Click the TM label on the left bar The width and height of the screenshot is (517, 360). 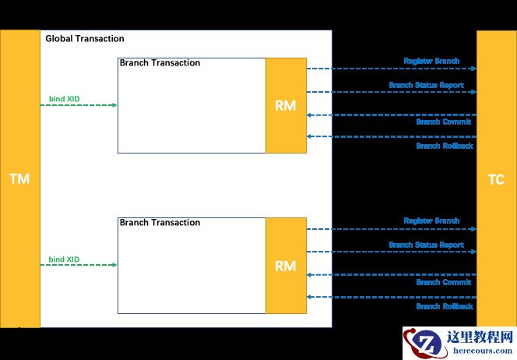(x=19, y=179)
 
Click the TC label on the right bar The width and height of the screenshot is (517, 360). (x=496, y=180)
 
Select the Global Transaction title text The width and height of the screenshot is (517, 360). (x=85, y=38)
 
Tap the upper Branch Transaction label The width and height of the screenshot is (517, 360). (x=160, y=63)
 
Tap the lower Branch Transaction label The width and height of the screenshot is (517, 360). (x=160, y=222)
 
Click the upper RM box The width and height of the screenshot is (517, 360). (x=286, y=105)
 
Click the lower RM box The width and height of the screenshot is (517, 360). (x=286, y=265)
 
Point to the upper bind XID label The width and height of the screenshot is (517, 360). (x=64, y=99)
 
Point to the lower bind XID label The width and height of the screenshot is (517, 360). (x=64, y=259)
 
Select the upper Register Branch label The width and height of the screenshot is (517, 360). (x=431, y=61)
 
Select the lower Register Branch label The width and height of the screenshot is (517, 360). (x=431, y=221)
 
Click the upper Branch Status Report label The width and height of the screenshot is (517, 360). (x=426, y=85)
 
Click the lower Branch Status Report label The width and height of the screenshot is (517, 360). (x=426, y=245)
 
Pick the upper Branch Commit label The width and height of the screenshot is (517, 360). (x=444, y=122)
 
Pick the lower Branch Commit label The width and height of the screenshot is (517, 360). (x=444, y=282)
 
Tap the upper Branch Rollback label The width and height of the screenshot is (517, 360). (x=444, y=146)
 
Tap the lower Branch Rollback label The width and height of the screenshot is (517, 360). (x=444, y=306)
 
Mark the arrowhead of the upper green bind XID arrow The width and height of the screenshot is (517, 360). (x=114, y=104)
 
